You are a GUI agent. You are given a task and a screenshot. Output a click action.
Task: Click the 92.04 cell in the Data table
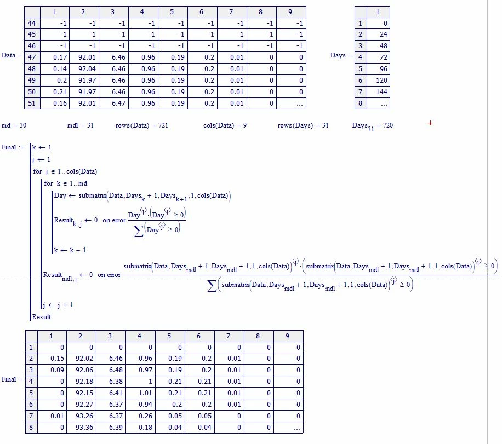click(x=87, y=69)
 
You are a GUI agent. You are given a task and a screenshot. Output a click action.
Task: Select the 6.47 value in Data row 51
click(x=118, y=103)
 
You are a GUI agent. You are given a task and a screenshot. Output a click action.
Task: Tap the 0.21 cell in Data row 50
click(x=60, y=92)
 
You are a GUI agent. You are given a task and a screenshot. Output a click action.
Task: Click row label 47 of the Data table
click(x=32, y=57)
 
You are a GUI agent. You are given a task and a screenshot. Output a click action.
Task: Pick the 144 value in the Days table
click(x=381, y=92)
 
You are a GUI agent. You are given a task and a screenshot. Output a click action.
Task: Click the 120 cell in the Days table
click(x=381, y=80)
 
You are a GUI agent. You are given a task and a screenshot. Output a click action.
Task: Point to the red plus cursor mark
click(x=430, y=123)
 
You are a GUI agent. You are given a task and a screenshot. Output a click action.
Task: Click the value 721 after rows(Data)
click(x=163, y=125)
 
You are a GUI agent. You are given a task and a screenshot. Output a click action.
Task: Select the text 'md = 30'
click(x=14, y=125)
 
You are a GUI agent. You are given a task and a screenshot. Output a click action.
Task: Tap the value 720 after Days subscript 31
click(x=388, y=125)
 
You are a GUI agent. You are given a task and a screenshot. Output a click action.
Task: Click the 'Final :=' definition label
click(x=13, y=147)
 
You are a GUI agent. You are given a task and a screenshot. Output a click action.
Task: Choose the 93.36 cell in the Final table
click(x=84, y=428)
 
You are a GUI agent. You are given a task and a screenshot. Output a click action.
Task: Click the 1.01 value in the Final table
click(x=145, y=393)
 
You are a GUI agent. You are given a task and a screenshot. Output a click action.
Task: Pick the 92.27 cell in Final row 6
click(x=84, y=405)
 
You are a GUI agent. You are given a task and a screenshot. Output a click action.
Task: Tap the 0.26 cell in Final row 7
click(x=145, y=416)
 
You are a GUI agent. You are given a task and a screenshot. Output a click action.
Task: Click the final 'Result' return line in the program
click(x=42, y=317)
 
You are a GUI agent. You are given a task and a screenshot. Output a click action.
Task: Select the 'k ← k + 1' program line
click(x=70, y=250)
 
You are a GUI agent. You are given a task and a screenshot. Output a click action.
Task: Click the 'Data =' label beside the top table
click(x=12, y=55)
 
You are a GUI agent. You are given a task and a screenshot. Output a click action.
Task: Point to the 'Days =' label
click(x=341, y=55)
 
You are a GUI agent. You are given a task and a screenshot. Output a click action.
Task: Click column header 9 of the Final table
click(x=288, y=336)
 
